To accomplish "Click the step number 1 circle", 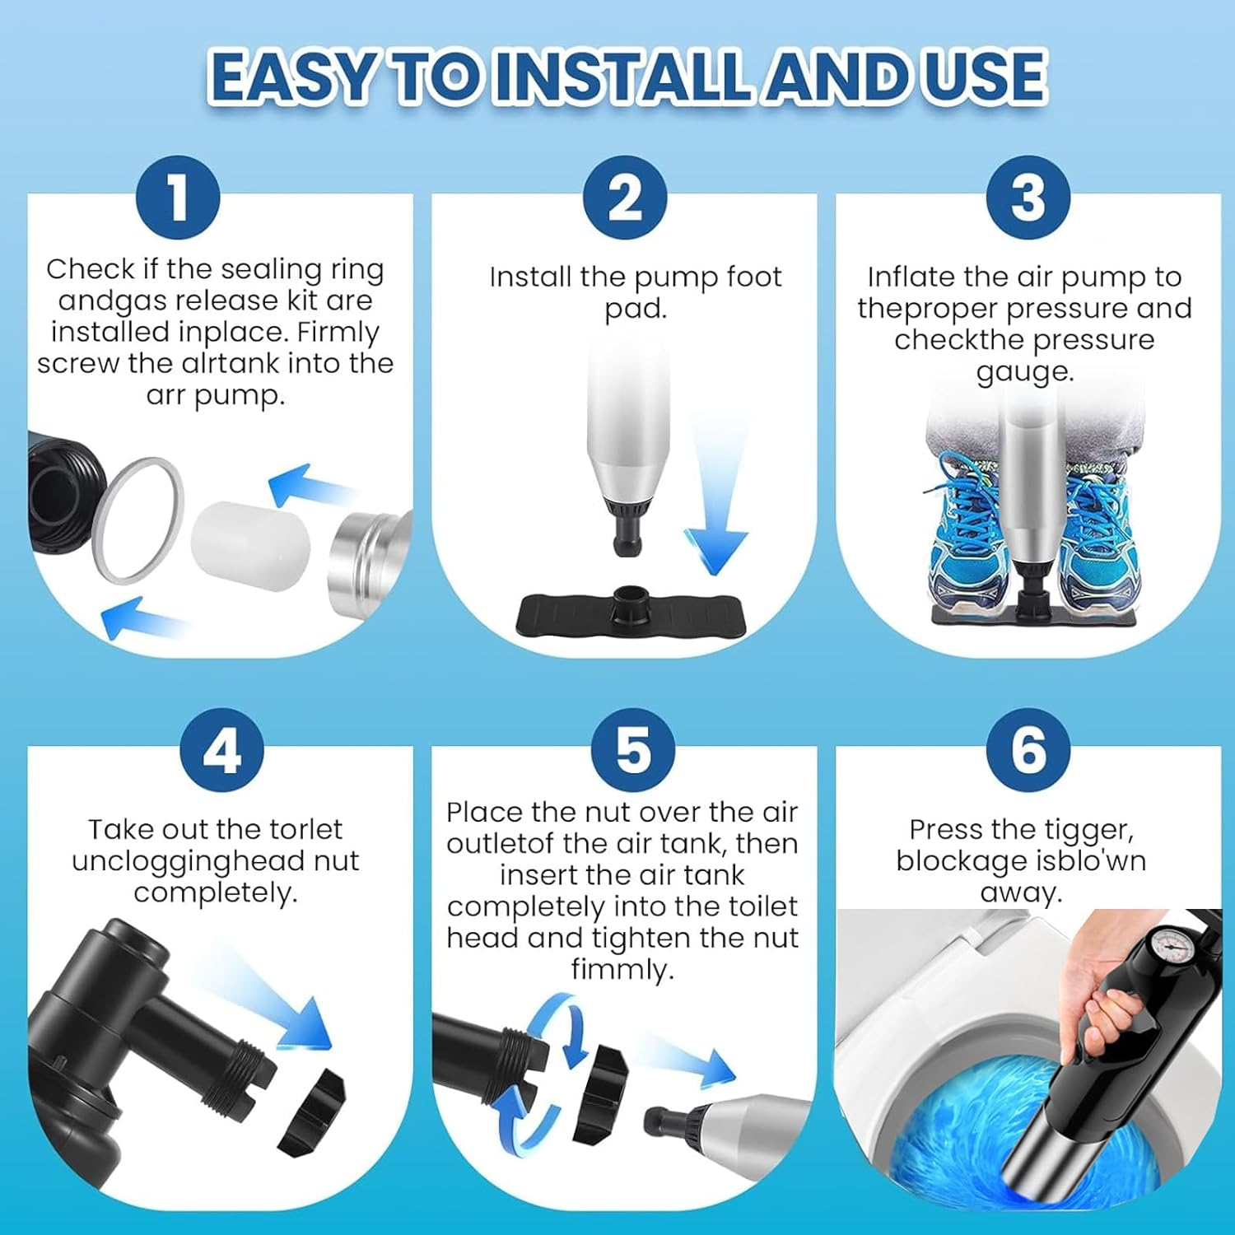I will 178,198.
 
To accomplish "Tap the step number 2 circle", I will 625,198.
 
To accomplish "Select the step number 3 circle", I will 1028,198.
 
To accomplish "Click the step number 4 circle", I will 221,750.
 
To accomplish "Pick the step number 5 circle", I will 633,750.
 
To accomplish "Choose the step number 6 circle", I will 1028,750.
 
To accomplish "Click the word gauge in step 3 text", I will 1025,372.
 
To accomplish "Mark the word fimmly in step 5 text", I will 622,969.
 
